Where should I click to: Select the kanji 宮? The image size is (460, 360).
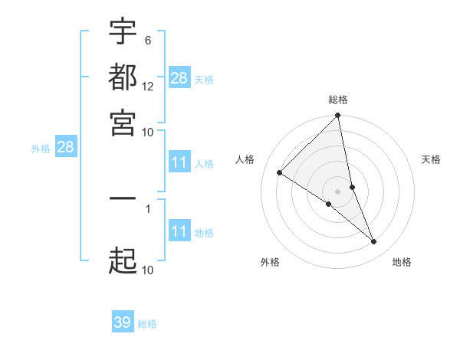tap(123, 122)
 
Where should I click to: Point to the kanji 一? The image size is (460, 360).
tap(123, 198)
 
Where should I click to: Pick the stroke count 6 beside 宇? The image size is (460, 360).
tap(148, 40)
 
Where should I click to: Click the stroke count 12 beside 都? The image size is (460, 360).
tap(148, 86)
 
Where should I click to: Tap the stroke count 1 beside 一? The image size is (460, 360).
tap(148, 208)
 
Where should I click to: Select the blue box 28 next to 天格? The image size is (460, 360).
tap(179, 77)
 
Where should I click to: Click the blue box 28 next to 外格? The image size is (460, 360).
tap(65, 147)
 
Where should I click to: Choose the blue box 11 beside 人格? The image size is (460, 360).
tap(179, 162)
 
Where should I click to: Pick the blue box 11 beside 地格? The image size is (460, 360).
tap(179, 231)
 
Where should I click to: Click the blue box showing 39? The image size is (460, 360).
tap(123, 322)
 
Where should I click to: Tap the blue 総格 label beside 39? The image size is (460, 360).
tap(147, 324)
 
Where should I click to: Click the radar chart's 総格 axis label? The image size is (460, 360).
tap(338, 100)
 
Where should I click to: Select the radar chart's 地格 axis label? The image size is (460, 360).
tap(402, 262)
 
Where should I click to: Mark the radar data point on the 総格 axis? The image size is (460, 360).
tap(337, 116)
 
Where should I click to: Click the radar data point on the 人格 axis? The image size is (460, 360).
tap(280, 173)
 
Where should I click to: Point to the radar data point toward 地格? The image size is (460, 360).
tap(374, 241)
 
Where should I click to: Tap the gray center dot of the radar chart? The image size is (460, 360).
tap(337, 191)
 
